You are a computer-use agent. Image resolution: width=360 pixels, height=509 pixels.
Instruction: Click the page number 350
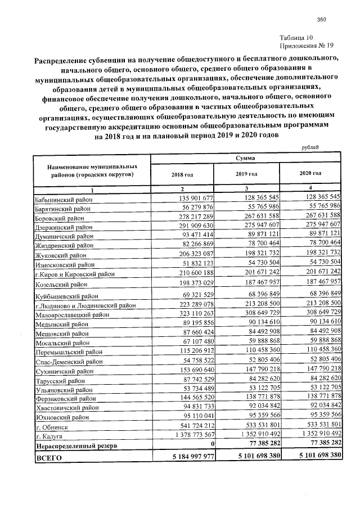(322, 20)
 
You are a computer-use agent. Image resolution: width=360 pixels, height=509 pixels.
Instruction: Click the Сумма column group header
(246, 160)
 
